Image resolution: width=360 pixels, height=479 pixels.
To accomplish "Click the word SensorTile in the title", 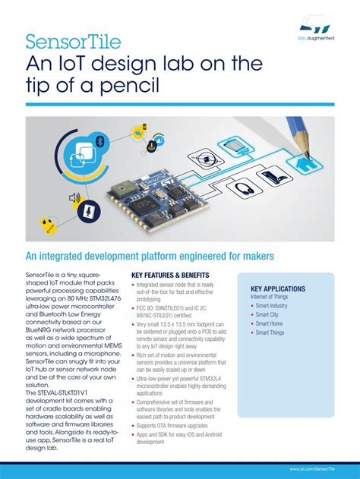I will click(x=65, y=40).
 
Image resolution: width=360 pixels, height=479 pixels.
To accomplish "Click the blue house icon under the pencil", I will click(x=308, y=163).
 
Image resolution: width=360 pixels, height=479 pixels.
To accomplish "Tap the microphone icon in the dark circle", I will click(x=90, y=210).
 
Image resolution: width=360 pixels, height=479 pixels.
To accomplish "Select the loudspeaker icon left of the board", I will click(x=74, y=198).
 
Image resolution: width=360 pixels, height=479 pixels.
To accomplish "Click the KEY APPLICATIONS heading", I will click(x=278, y=289).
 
